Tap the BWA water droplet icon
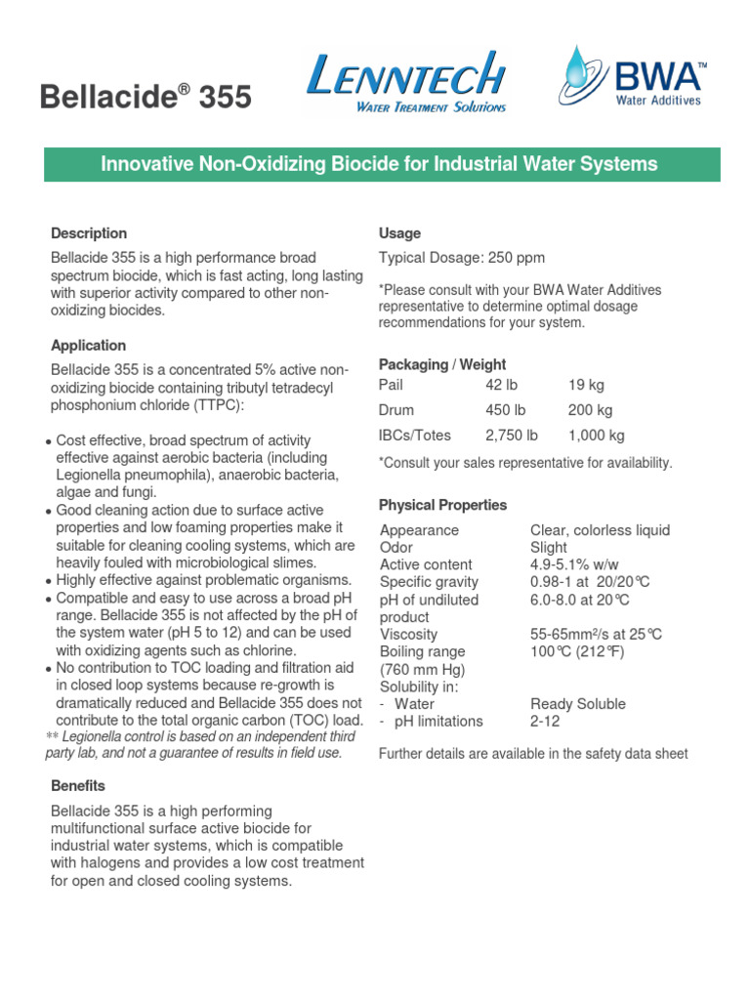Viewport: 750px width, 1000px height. [578, 76]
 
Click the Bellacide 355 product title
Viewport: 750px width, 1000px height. [145, 98]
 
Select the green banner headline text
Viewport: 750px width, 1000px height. [380, 164]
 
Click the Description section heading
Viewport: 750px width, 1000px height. [89, 233]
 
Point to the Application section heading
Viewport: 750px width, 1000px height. [89, 346]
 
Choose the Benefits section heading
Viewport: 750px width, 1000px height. [78, 786]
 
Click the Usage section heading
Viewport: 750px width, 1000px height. [399, 233]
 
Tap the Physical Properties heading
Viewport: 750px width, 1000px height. [442, 505]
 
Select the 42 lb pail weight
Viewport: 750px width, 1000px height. [501, 386]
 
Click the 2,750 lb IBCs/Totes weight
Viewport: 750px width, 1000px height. [512, 436]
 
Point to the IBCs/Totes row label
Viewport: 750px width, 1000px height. [415, 436]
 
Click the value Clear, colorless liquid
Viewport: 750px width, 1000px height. [600, 530]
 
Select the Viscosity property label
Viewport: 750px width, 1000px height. [409, 635]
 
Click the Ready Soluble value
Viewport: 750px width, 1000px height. [578, 704]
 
